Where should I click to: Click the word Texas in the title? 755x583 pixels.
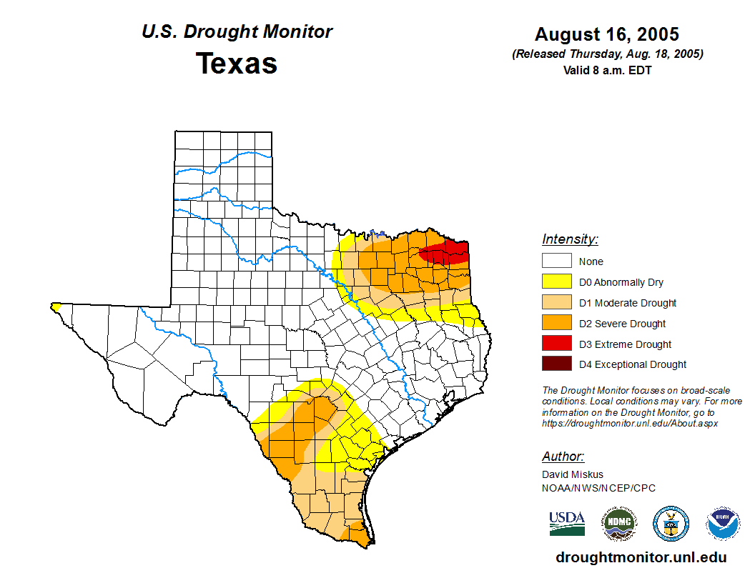(237, 64)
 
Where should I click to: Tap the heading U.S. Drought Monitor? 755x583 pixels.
(237, 32)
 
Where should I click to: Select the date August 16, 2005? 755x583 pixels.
(607, 34)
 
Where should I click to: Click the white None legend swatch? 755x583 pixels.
(556, 261)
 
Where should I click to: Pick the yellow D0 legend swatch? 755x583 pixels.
(556, 282)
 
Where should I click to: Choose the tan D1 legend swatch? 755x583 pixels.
(556, 303)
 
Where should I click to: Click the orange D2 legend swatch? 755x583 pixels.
(556, 323)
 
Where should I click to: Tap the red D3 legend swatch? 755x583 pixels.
(556, 344)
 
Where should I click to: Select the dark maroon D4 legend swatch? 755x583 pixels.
(556, 364)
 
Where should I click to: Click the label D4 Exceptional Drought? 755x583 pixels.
(633, 364)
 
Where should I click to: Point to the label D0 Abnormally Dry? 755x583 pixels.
(621, 282)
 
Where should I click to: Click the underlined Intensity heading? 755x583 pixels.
(570, 239)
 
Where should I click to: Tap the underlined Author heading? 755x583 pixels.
(563, 457)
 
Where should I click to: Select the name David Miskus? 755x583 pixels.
(573, 474)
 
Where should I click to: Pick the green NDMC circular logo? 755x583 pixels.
(619, 524)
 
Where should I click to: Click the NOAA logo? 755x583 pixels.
(724, 524)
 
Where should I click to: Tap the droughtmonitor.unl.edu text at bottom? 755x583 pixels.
(641, 558)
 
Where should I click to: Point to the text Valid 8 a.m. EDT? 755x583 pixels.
(607, 70)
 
